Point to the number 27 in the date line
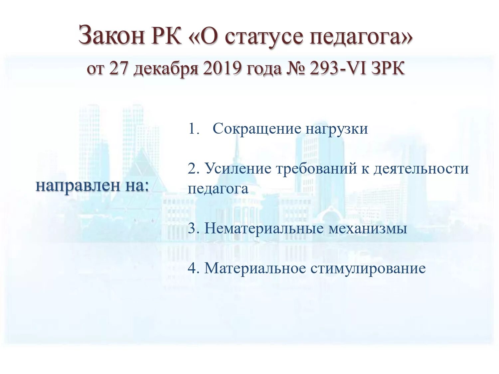click(118, 69)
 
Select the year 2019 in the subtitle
click(222, 69)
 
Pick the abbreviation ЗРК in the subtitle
click(388, 69)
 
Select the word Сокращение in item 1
click(256, 129)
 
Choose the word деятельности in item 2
click(421, 169)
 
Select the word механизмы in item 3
click(368, 229)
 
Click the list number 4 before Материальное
click(192, 268)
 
